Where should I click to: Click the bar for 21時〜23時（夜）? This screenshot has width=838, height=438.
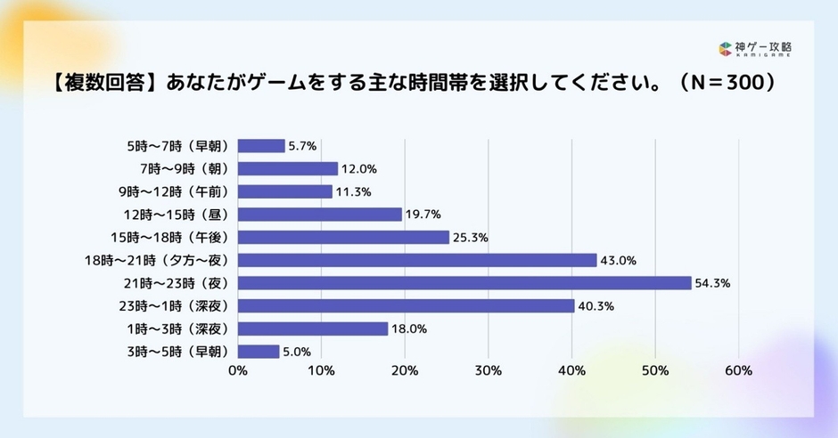[464, 283]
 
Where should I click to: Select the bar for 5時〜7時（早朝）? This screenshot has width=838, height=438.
[261, 145]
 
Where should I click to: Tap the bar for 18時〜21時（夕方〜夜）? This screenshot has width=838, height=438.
[417, 260]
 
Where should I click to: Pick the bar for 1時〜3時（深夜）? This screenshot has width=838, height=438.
[313, 328]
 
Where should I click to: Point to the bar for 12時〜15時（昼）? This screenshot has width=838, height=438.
[320, 214]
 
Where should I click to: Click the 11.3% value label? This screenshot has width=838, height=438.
[353, 191]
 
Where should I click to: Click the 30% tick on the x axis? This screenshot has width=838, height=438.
[489, 370]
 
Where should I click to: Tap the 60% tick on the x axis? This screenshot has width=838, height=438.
[739, 370]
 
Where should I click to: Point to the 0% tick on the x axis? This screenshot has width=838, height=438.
[238, 370]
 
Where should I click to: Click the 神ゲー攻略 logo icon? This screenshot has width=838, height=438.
[726, 49]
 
